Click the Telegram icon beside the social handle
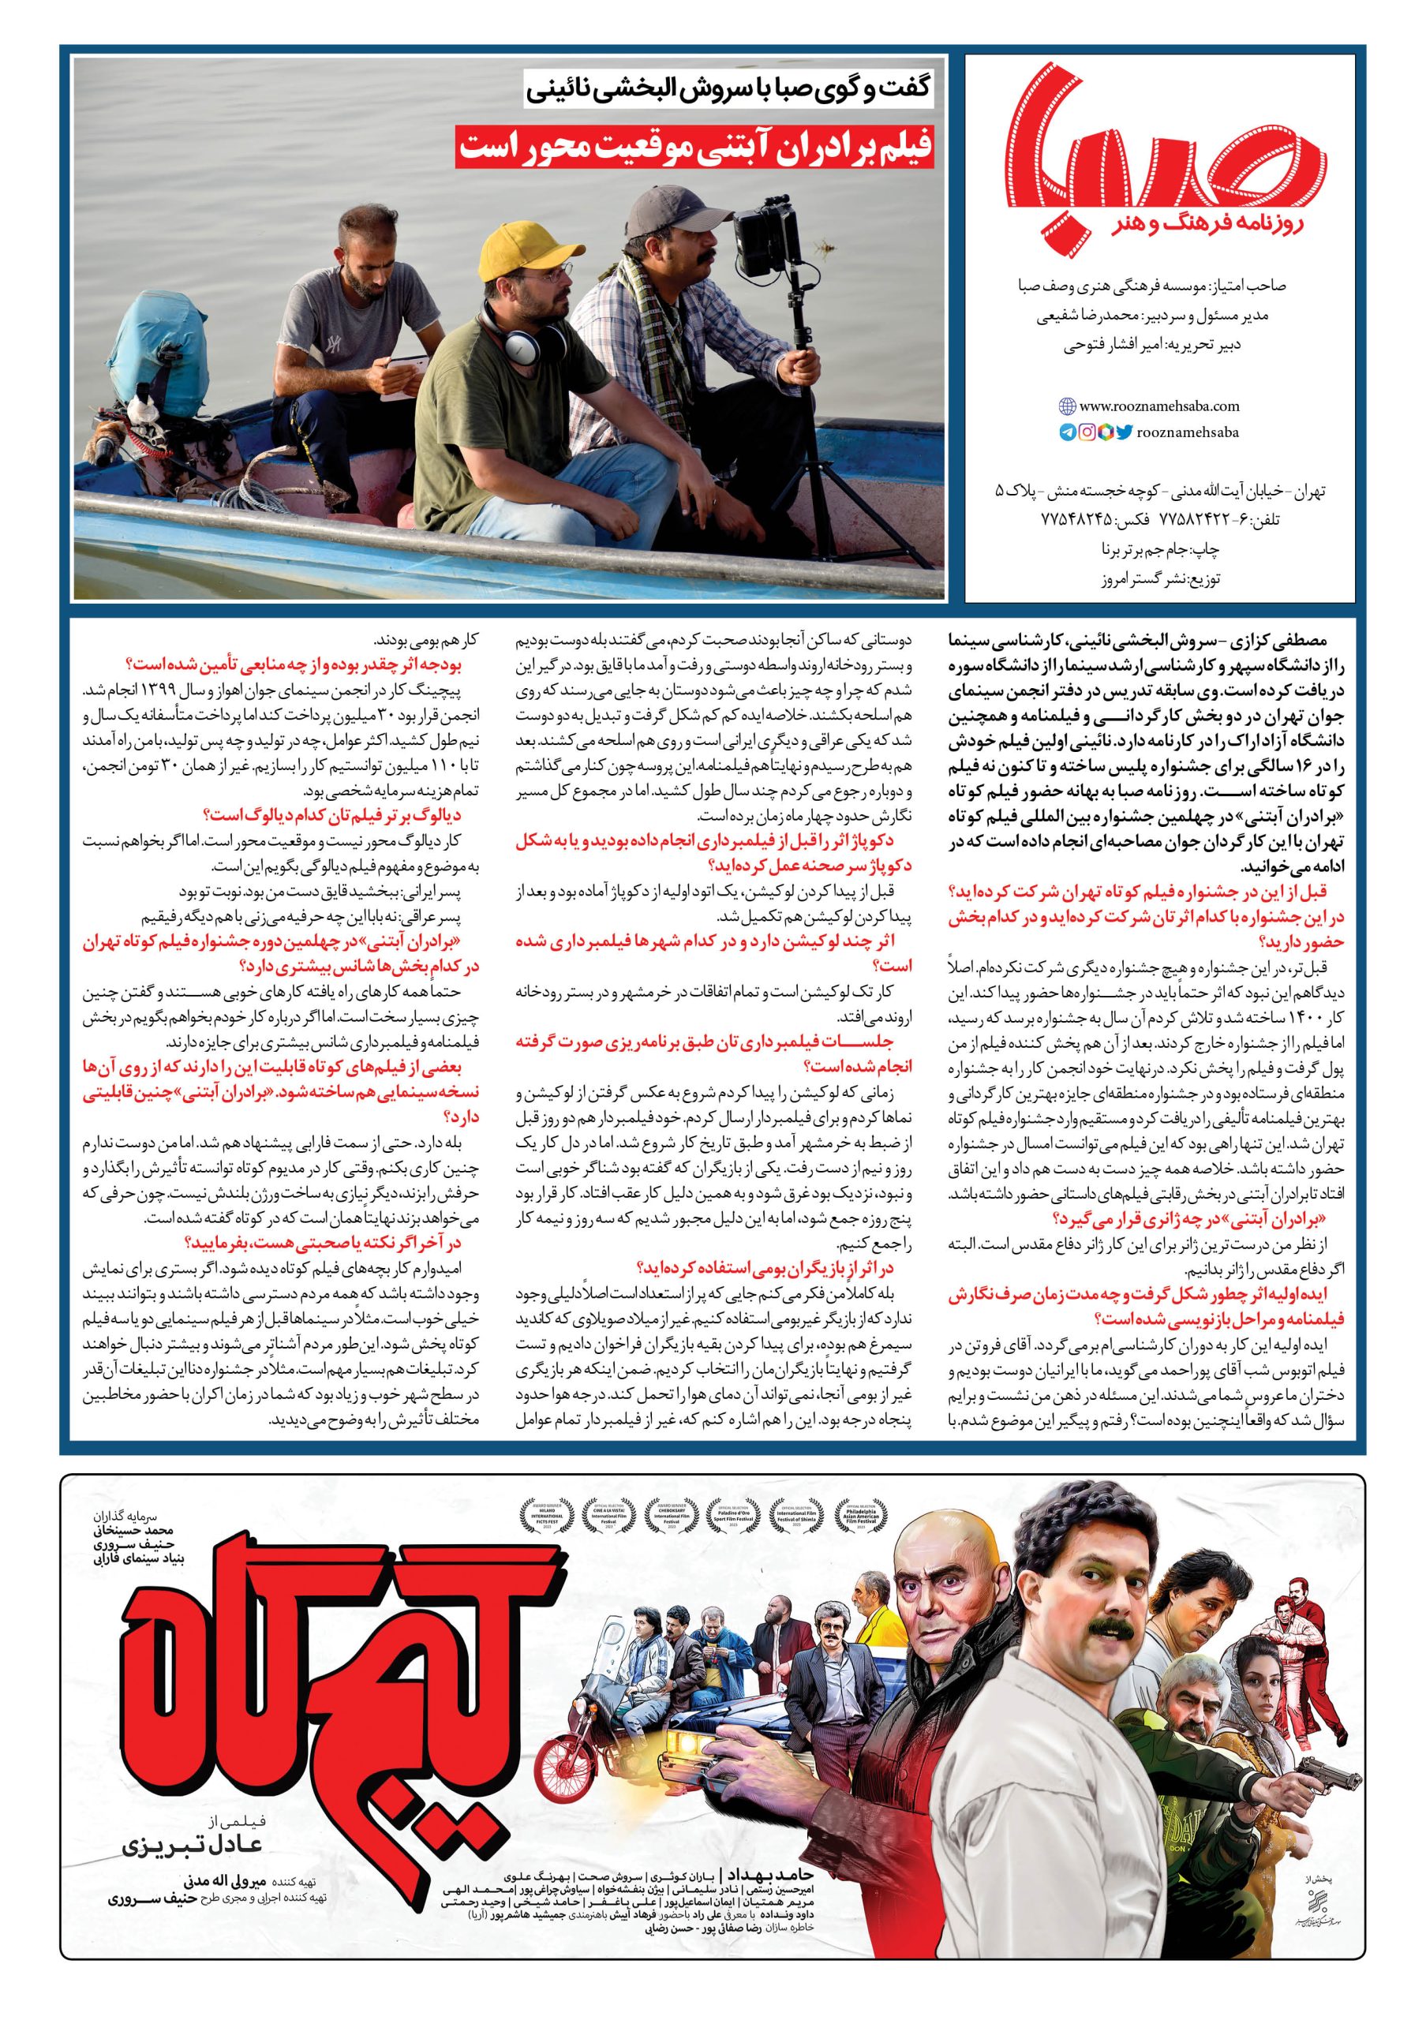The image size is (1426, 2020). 1067,433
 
